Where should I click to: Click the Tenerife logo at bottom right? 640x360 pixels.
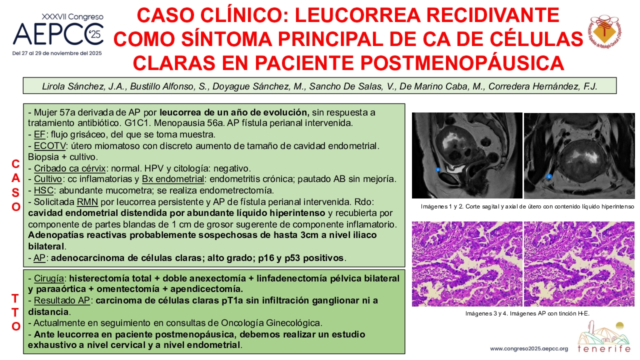(x=603, y=337)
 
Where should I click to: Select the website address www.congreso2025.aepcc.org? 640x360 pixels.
(x=529, y=349)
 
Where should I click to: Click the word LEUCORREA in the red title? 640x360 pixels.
(x=357, y=15)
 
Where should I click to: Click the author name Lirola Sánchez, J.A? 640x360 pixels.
(x=84, y=86)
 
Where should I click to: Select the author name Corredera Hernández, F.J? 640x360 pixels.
(x=542, y=86)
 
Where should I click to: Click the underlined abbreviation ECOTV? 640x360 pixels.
(x=49, y=146)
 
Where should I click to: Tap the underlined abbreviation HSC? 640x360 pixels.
(x=43, y=190)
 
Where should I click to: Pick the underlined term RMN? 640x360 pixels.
(x=87, y=202)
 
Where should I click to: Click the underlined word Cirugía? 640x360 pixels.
(x=49, y=278)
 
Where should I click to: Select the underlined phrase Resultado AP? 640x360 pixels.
(x=61, y=300)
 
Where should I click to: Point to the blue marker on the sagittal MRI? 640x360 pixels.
(x=437, y=169)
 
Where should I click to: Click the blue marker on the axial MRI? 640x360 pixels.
(x=549, y=176)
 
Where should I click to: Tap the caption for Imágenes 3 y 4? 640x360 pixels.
(x=527, y=313)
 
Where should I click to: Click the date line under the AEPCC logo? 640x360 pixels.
(x=57, y=53)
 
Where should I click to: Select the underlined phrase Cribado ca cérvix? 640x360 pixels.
(x=69, y=168)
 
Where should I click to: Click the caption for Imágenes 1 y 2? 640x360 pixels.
(x=527, y=206)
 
